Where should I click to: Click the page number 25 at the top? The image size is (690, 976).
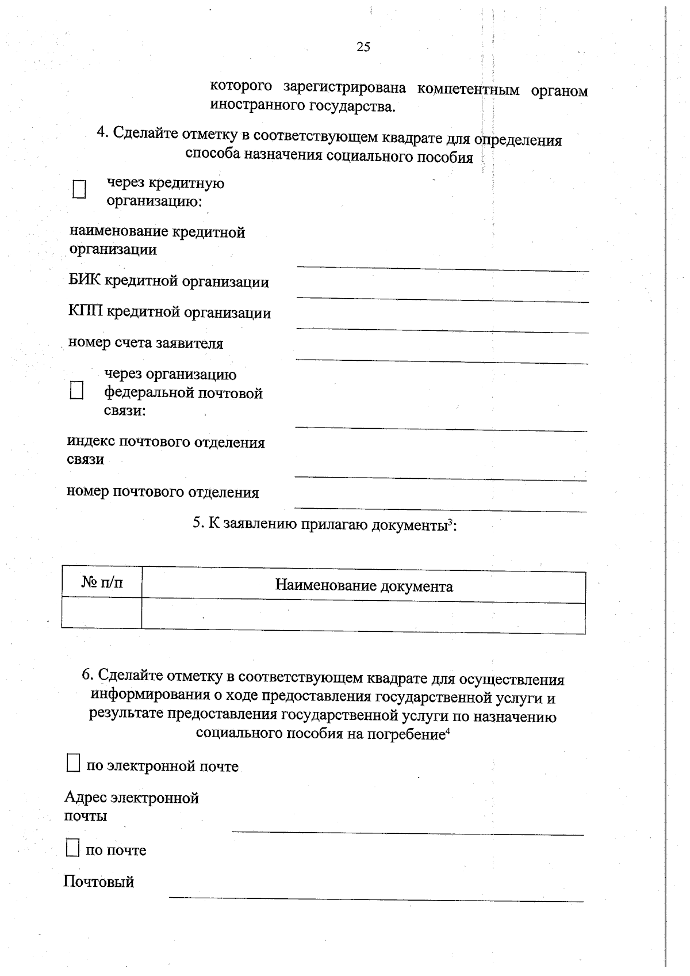[363, 47]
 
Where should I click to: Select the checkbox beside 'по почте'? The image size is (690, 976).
[72, 848]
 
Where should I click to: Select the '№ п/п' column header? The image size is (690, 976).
[102, 583]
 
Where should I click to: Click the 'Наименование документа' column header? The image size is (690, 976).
[363, 586]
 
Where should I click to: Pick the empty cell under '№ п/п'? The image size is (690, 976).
[102, 613]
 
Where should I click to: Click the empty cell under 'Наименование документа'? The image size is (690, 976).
[363, 617]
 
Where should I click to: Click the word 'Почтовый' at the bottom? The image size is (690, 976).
[98, 882]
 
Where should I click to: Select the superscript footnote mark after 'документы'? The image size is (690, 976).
[451, 521]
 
